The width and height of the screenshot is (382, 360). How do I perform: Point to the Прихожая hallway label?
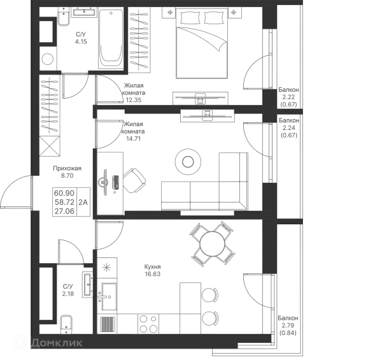(64, 170)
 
